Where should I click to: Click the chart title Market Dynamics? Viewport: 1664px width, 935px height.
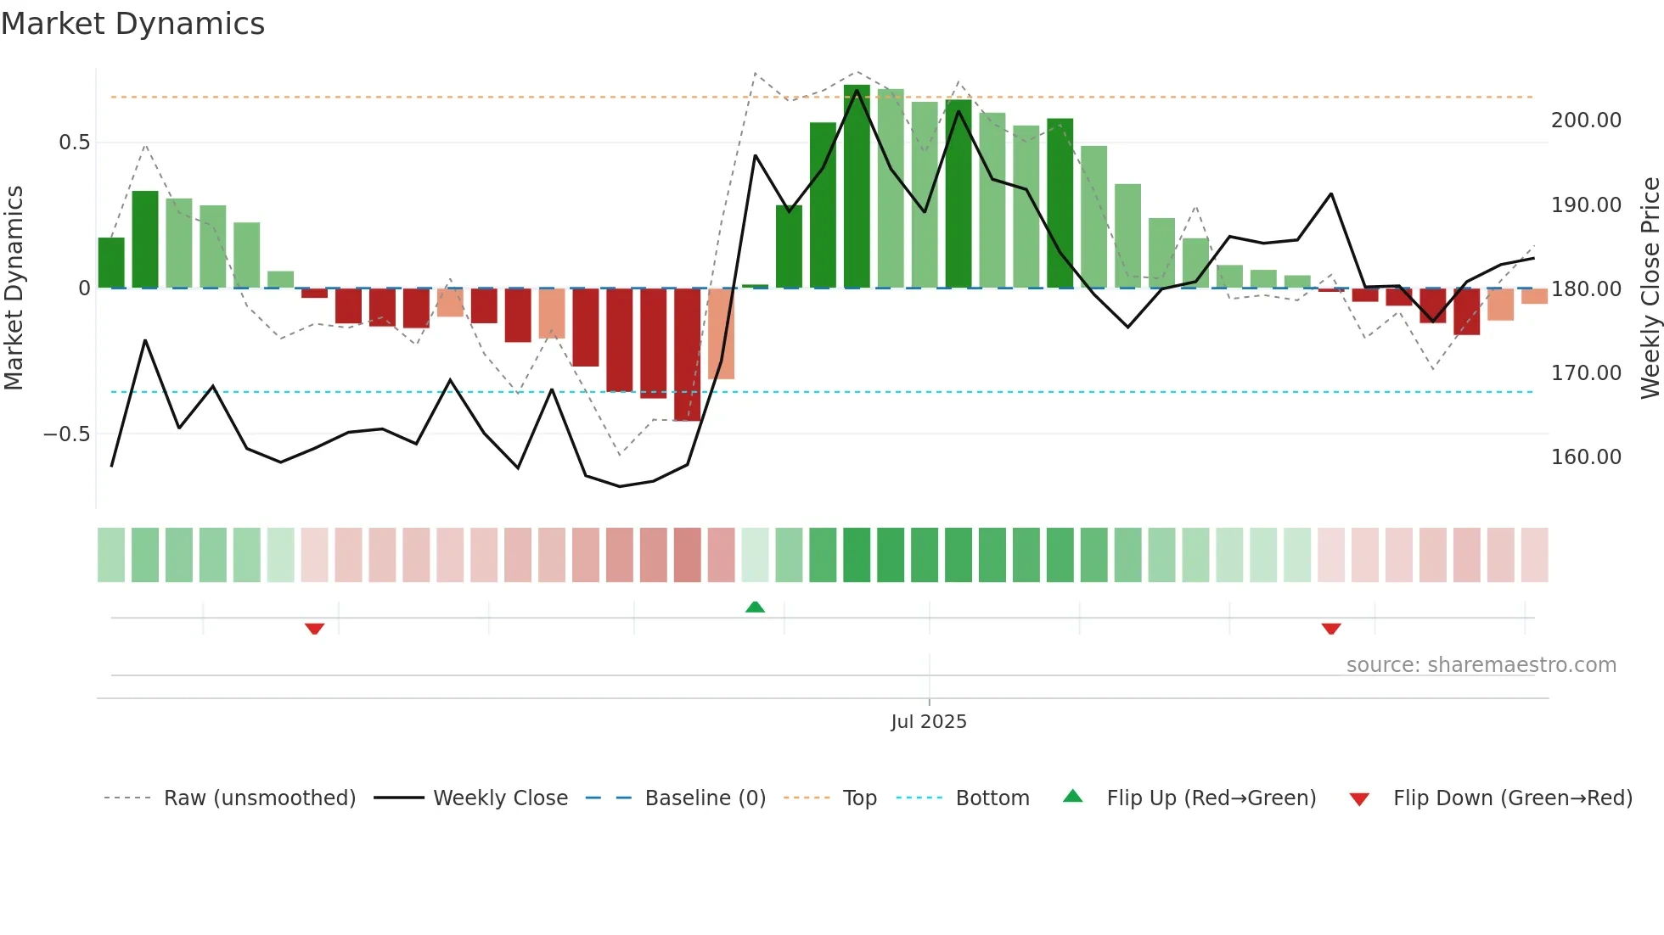[x=133, y=24]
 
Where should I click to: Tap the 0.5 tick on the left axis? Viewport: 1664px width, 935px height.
[x=75, y=143]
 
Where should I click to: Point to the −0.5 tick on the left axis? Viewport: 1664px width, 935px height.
[x=67, y=434]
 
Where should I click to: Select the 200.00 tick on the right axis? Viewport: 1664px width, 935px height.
[x=1586, y=120]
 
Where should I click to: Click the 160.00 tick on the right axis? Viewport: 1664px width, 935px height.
[x=1586, y=457]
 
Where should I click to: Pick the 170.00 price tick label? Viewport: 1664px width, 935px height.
[x=1586, y=373]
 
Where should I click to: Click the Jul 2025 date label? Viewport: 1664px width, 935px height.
[x=928, y=722]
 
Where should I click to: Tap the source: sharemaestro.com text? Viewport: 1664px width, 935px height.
[x=1481, y=665]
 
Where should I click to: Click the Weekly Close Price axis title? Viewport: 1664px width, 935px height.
[x=1650, y=288]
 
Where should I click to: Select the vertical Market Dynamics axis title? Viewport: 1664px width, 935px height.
[x=14, y=288]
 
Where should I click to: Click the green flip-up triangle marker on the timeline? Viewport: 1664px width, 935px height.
[x=755, y=607]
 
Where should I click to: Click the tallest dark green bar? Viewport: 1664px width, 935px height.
[x=857, y=187]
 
